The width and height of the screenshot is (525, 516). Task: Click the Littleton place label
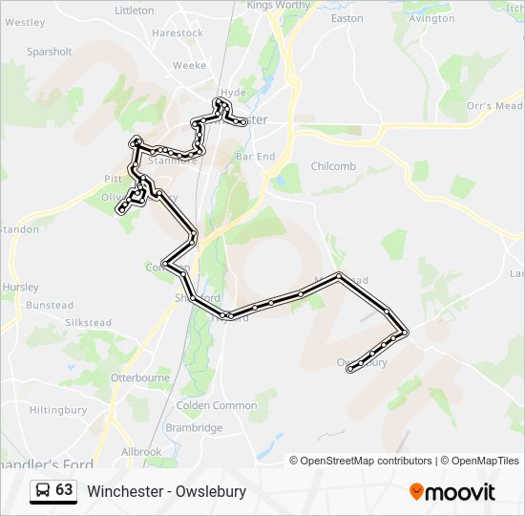pyautogui.click(x=134, y=11)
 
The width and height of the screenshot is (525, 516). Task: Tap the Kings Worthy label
pyautogui.click(x=280, y=5)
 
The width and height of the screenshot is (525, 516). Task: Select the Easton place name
pyautogui.click(x=346, y=18)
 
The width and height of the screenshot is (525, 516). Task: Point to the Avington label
pyautogui.click(x=430, y=18)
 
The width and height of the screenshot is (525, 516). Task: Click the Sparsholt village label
pyautogui.click(x=50, y=52)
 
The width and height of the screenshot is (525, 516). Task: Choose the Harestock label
pyautogui.click(x=178, y=32)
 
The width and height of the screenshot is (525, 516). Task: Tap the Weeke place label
pyautogui.click(x=189, y=66)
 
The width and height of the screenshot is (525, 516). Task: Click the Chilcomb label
pyautogui.click(x=333, y=166)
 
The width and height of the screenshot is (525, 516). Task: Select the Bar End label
pyautogui.click(x=255, y=156)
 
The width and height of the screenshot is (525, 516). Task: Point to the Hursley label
pyautogui.click(x=21, y=287)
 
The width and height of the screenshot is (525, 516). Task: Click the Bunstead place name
pyautogui.click(x=49, y=306)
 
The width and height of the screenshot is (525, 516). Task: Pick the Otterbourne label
pyautogui.click(x=140, y=378)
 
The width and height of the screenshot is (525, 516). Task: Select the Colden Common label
pyautogui.click(x=217, y=405)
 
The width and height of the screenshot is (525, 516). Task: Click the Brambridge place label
pyautogui.click(x=194, y=428)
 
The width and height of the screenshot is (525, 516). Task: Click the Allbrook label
pyautogui.click(x=141, y=451)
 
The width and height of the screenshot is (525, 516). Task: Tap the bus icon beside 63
pyautogui.click(x=43, y=491)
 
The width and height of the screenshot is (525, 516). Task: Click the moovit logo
pyautogui.click(x=452, y=492)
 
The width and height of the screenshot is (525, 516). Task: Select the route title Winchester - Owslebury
pyautogui.click(x=167, y=492)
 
